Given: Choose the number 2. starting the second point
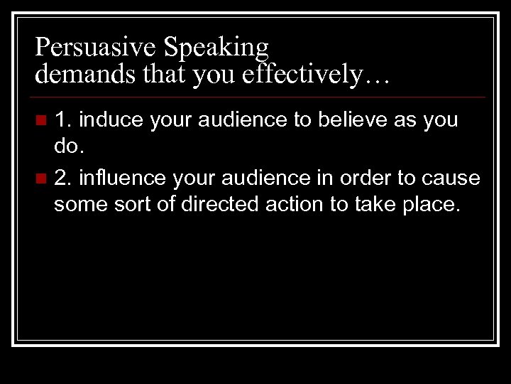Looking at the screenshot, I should click(62, 178).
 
